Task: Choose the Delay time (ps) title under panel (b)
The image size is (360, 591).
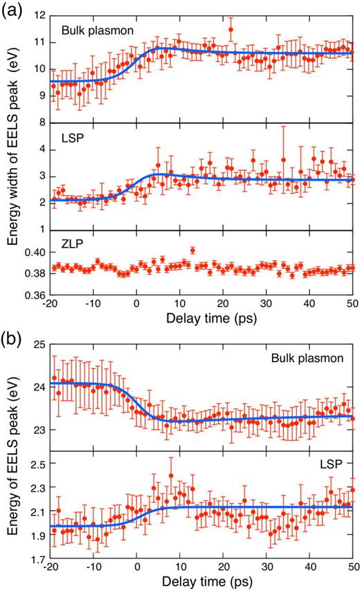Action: point(201,583)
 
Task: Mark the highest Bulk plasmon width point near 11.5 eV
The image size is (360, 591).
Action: point(231,29)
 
